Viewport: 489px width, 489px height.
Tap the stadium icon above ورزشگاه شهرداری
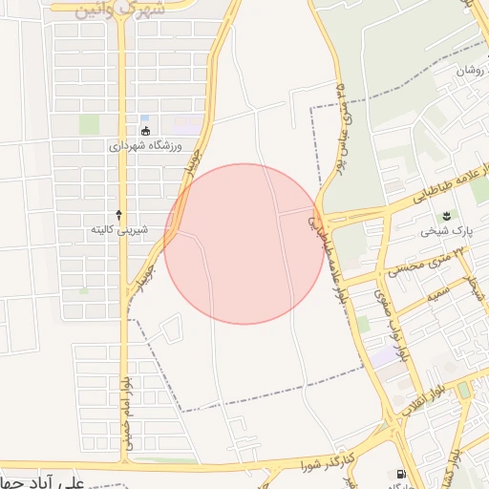[x=145, y=132]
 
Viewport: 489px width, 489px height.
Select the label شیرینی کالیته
[x=118, y=230]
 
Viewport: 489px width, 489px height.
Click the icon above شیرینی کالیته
[x=118, y=215]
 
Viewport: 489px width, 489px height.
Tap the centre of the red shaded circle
[x=244, y=244]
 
